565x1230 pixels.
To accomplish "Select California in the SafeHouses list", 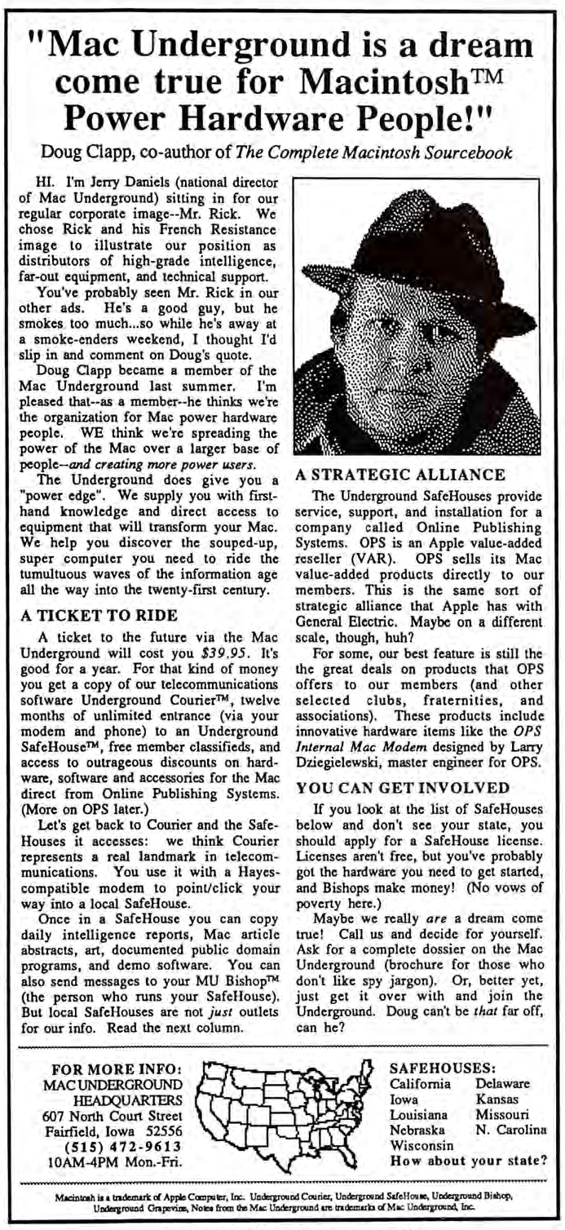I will point(421,1084).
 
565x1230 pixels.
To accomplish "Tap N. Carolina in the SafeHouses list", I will point(510,1130).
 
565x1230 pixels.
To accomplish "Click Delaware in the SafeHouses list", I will point(502,1084).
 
